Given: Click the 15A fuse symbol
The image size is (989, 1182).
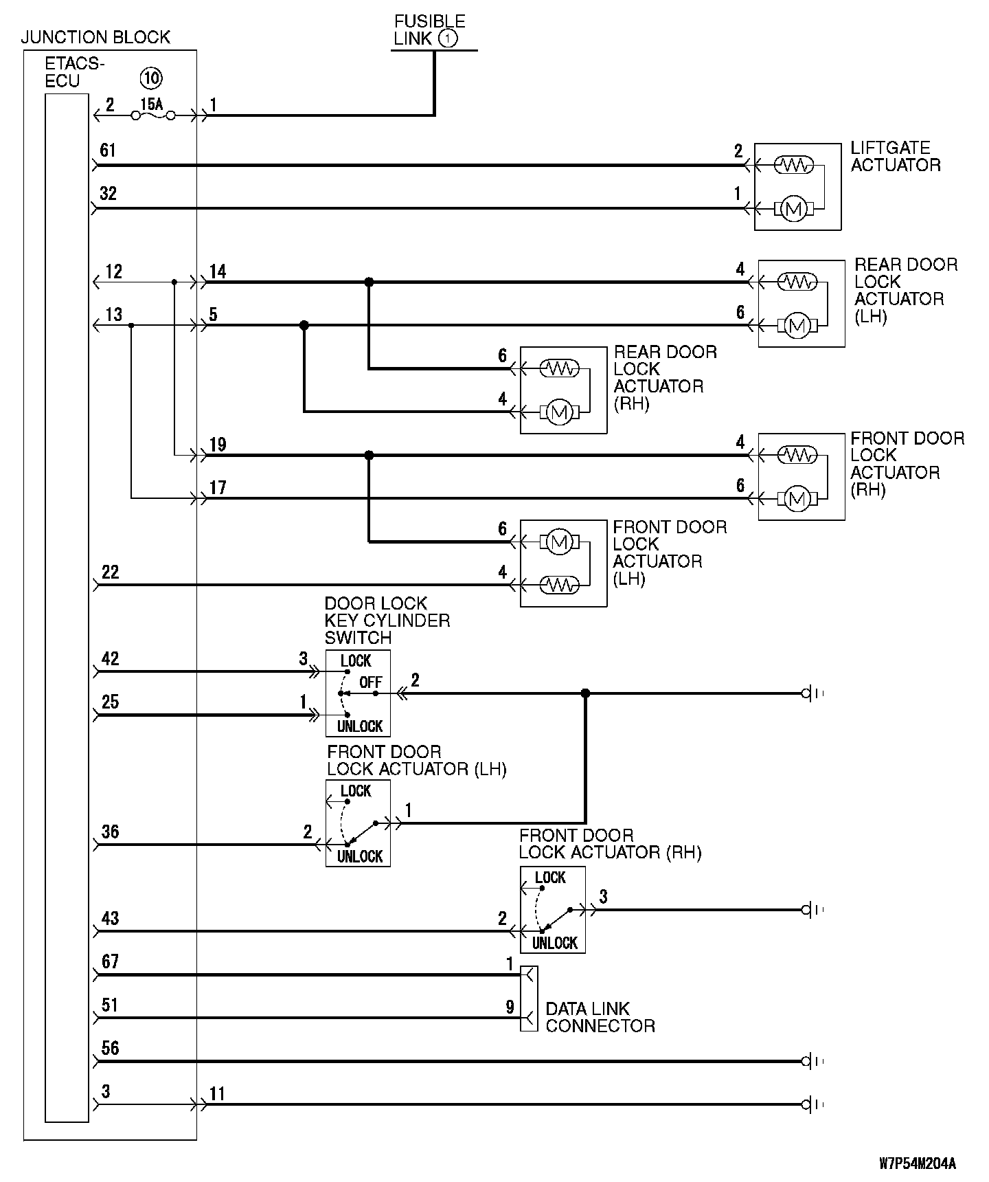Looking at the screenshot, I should (x=152, y=115).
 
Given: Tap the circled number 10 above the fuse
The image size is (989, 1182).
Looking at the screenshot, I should (x=151, y=78).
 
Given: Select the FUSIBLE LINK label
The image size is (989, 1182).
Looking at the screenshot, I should (x=429, y=30).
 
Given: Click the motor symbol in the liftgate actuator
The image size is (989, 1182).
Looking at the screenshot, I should (x=794, y=208).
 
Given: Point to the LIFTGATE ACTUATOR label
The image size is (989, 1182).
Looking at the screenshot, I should (x=895, y=157).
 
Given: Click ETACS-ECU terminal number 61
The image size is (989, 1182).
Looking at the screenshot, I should (x=108, y=150).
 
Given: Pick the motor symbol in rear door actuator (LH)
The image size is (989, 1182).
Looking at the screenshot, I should (x=797, y=325).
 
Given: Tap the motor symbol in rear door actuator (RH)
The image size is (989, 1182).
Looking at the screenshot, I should (x=560, y=412).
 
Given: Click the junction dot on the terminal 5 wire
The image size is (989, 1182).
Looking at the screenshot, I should (x=304, y=325).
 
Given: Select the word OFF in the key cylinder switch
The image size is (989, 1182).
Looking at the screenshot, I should (x=371, y=682).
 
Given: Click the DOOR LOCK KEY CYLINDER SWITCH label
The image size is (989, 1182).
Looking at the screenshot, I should (x=387, y=621).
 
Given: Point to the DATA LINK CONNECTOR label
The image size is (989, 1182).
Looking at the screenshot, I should (x=600, y=1017).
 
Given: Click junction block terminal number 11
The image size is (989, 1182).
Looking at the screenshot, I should (x=217, y=1093).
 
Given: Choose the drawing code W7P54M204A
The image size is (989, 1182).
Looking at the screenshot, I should (x=918, y=1163).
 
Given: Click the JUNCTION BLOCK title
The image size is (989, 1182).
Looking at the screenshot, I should (x=95, y=37).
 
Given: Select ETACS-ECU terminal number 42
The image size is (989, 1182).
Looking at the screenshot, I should (x=110, y=659).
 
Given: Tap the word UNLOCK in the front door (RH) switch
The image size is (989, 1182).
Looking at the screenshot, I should (x=554, y=943).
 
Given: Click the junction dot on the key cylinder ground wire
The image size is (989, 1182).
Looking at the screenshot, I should (x=585, y=693).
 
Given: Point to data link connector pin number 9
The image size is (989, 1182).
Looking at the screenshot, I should (x=510, y=1007).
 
